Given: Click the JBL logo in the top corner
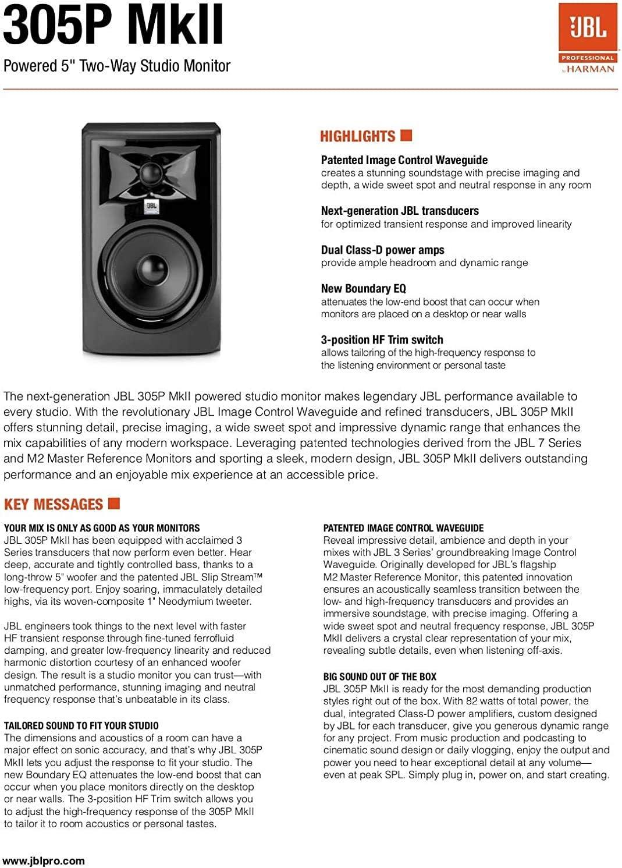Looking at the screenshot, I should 587,29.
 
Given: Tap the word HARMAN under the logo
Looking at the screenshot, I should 591,69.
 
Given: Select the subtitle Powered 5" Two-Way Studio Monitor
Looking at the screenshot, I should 117,66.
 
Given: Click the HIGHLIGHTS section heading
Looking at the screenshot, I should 357,137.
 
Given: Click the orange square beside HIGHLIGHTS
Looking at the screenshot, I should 407,136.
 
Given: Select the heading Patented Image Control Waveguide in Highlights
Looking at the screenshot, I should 404,160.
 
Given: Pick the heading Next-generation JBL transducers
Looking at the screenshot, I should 400,211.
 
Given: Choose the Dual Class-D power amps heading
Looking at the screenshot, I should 382,250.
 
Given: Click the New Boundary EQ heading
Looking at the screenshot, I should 363,289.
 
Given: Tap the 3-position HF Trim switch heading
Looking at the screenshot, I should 382,340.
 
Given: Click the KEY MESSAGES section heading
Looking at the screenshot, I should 53,505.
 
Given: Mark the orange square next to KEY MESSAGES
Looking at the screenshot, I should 114,502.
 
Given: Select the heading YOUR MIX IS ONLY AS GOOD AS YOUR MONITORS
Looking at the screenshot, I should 102,528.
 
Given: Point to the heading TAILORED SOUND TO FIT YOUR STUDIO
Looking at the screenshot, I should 81,725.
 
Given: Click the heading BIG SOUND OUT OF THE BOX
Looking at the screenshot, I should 379,676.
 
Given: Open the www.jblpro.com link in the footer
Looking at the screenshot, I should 44,861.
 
